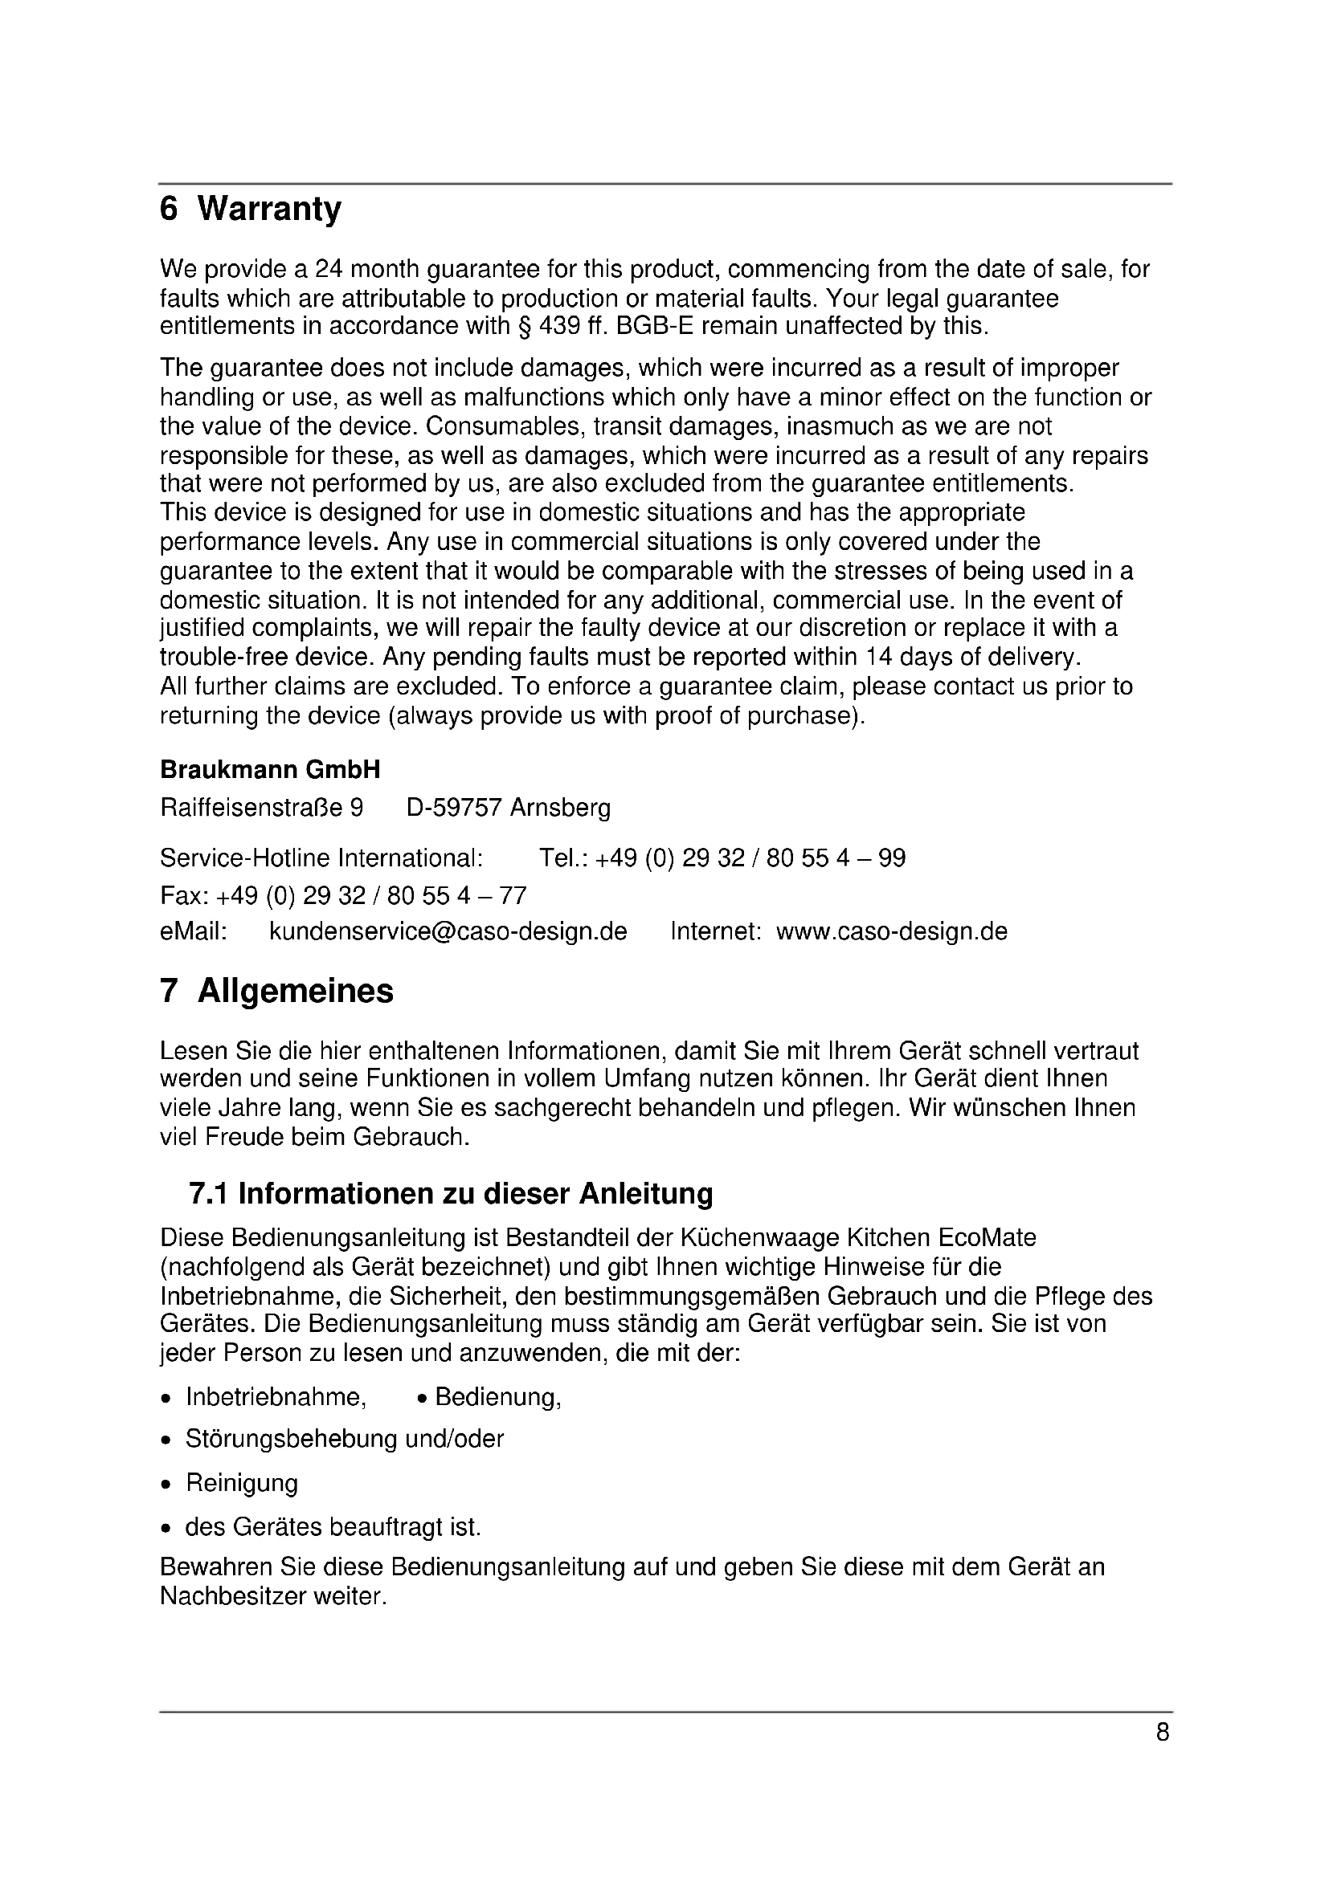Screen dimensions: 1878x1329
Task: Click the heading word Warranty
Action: (x=269, y=210)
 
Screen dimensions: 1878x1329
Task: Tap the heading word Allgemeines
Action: (x=296, y=992)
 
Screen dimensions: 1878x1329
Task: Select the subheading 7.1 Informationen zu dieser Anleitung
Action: (x=451, y=1194)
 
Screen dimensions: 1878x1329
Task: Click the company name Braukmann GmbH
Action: (x=270, y=770)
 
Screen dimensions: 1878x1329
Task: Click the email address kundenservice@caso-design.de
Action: (x=448, y=931)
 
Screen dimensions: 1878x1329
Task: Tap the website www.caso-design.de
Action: (x=891, y=931)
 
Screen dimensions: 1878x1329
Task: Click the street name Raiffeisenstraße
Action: (x=252, y=809)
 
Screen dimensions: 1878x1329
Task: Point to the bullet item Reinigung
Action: (x=241, y=1483)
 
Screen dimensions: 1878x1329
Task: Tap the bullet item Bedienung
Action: (x=497, y=1397)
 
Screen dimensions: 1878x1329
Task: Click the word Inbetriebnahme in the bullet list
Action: (x=276, y=1397)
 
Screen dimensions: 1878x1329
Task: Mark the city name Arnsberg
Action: (x=560, y=809)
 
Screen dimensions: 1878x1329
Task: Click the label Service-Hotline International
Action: (x=321, y=858)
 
